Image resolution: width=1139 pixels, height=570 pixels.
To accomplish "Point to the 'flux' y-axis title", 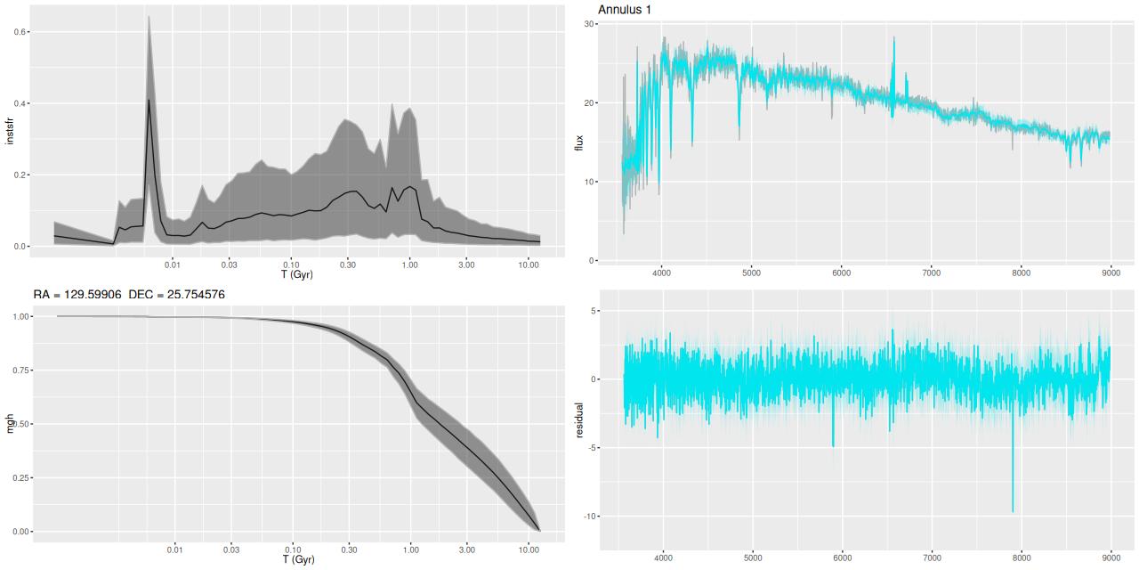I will (579, 141).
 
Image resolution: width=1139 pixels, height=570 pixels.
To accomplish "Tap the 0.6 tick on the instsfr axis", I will (20, 32).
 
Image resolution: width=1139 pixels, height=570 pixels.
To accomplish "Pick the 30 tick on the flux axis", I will (589, 24).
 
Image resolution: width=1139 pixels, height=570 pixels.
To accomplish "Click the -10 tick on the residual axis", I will (587, 517).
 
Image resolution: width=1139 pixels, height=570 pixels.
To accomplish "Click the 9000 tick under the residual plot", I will (1111, 561).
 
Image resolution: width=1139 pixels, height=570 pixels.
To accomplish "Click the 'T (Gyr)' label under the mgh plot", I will (298, 560).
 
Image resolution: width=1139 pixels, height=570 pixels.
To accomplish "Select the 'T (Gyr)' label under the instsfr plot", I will (298, 274).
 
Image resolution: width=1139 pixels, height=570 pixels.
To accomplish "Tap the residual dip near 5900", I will (833, 445).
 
